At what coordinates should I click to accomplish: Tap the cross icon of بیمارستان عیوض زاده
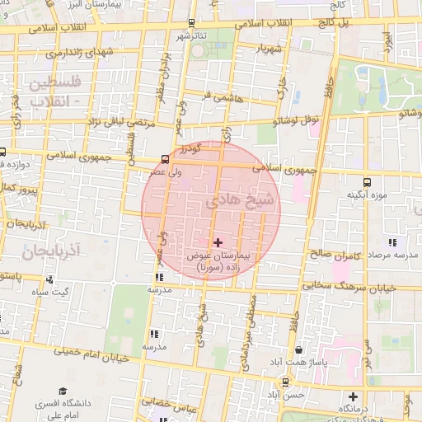click(x=218, y=242)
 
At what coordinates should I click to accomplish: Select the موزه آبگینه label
click(x=367, y=195)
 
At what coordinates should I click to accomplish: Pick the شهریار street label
click(x=267, y=49)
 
